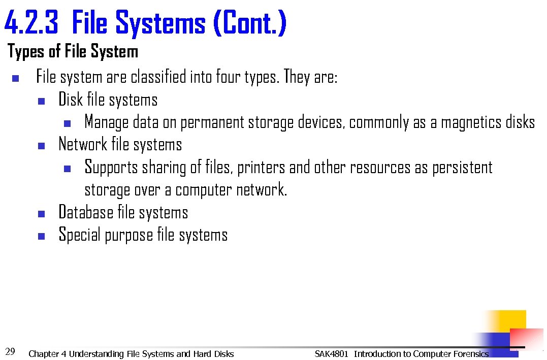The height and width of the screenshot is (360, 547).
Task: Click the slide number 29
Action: click(10, 351)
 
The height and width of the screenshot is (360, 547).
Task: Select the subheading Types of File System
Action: click(73, 51)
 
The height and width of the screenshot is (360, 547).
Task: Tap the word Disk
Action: click(71, 100)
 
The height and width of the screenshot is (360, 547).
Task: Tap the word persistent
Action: click(462, 168)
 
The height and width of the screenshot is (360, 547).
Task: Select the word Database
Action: click(86, 212)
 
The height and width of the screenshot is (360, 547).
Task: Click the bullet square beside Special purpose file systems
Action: click(42, 236)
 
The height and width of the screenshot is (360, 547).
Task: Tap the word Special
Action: click(80, 235)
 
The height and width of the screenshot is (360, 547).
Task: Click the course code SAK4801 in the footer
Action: click(331, 354)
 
